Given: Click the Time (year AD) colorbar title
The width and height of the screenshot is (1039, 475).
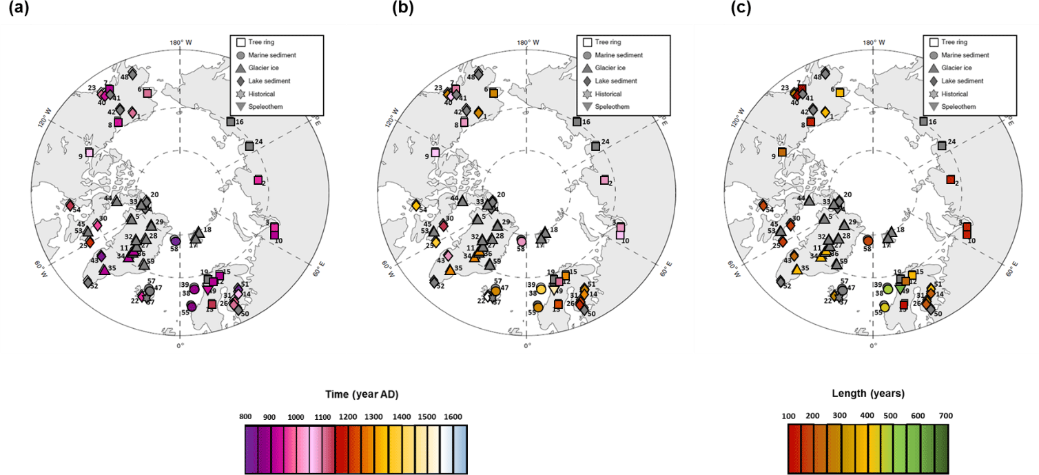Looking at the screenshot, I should (362, 394).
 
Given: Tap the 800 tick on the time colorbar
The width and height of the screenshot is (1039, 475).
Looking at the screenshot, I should (246, 416).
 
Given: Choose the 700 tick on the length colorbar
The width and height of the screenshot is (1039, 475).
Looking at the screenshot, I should (945, 416).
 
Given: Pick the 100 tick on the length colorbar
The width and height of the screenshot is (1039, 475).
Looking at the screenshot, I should (789, 416).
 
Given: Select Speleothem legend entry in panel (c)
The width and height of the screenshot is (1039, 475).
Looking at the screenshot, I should (958, 107).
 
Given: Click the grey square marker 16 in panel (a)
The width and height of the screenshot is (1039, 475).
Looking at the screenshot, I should (231, 121).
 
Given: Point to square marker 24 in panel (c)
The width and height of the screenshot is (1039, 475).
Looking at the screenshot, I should (942, 145).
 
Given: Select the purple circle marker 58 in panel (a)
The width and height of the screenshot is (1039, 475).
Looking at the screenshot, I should (175, 240).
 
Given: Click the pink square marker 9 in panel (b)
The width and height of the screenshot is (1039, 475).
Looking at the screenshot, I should (435, 152).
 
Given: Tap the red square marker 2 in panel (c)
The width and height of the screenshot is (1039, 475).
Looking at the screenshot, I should (950, 180).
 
